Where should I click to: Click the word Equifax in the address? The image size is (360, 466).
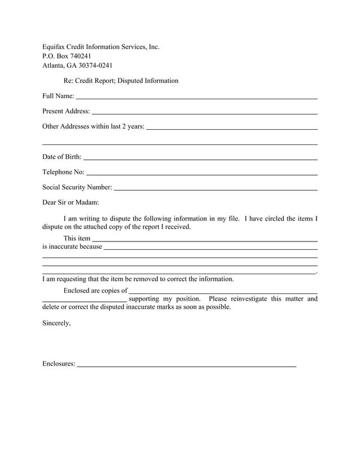pyautogui.click(x=55, y=47)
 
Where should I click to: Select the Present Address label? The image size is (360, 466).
pyautogui.click(x=66, y=111)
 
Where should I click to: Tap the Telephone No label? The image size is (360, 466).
pyautogui.click(x=63, y=172)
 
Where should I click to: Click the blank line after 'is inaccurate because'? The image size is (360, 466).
pyautogui.click(x=210, y=249)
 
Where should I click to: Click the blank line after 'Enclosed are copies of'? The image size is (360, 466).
pyautogui.click(x=223, y=293)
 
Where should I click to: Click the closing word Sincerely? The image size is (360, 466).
pyautogui.click(x=56, y=324)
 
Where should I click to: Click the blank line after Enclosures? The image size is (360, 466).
pyautogui.click(x=186, y=367)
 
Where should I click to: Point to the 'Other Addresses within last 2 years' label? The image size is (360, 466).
pyautogui.click(x=93, y=126)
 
